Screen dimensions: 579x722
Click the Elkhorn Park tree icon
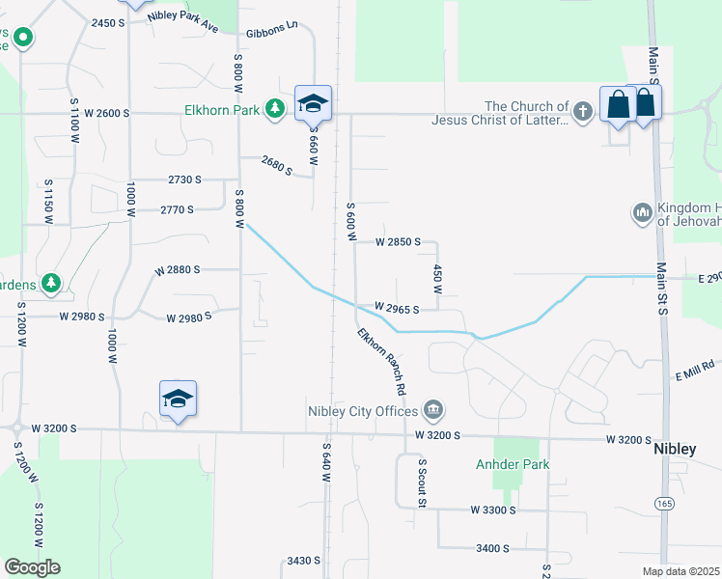click(276, 109)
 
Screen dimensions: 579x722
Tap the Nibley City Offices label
click(365, 409)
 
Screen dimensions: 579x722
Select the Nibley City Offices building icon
click(433, 409)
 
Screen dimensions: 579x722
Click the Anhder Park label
click(513, 464)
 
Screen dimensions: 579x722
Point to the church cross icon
click(582, 112)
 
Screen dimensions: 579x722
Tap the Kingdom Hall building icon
click(643, 211)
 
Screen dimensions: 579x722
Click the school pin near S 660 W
click(314, 103)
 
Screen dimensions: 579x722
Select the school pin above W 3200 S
click(179, 399)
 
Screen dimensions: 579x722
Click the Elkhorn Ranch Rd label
click(380, 361)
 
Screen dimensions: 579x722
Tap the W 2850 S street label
click(398, 241)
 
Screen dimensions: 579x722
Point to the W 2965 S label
click(397, 309)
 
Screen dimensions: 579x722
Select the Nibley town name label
click(675, 450)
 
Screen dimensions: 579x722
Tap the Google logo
click(32, 567)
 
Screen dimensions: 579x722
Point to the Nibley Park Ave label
click(183, 21)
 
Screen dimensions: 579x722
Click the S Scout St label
click(422, 484)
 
